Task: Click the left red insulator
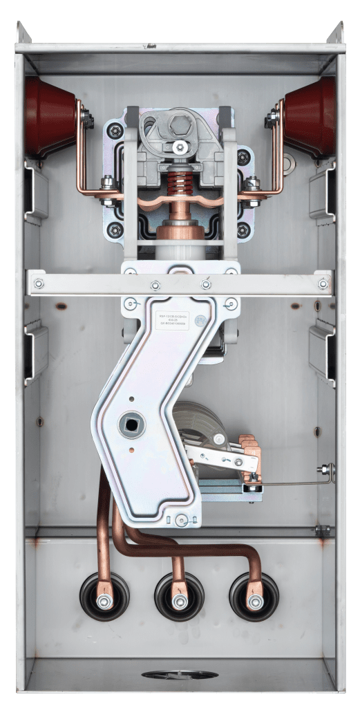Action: pyautogui.click(x=50, y=116)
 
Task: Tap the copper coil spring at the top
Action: pyautogui.click(x=180, y=186)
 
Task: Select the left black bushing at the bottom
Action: pyautogui.click(x=104, y=596)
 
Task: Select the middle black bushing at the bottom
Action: pyautogui.click(x=179, y=597)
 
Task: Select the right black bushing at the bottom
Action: pyautogui.click(x=254, y=597)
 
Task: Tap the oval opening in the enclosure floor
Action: pyautogui.click(x=180, y=675)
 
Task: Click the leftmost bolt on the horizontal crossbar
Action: pyautogui.click(x=39, y=283)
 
